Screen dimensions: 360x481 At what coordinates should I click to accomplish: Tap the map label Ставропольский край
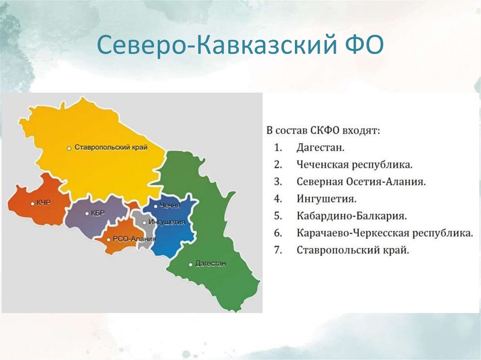click(x=111, y=147)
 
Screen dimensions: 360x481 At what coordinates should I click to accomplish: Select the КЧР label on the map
click(x=43, y=203)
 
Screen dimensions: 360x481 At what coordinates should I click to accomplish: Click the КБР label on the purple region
click(x=98, y=213)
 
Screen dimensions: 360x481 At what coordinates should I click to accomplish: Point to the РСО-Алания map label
click(x=134, y=239)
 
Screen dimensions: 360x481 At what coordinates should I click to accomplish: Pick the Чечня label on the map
click(x=170, y=206)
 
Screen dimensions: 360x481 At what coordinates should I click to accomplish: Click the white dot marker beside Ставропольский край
click(x=69, y=148)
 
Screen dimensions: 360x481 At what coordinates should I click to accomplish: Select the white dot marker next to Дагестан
click(x=190, y=264)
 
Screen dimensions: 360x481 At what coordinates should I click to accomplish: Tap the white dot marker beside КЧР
click(x=32, y=204)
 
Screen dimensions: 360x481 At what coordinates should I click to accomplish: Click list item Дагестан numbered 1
click(x=320, y=148)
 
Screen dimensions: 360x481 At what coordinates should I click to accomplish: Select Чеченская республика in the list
click(x=354, y=165)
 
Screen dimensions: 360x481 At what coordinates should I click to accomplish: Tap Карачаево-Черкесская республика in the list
click(x=384, y=233)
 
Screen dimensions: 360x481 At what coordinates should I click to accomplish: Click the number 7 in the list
click(x=278, y=250)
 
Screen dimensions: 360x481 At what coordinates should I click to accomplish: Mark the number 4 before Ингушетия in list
click(x=278, y=199)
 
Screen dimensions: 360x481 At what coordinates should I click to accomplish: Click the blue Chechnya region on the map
click(x=176, y=235)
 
